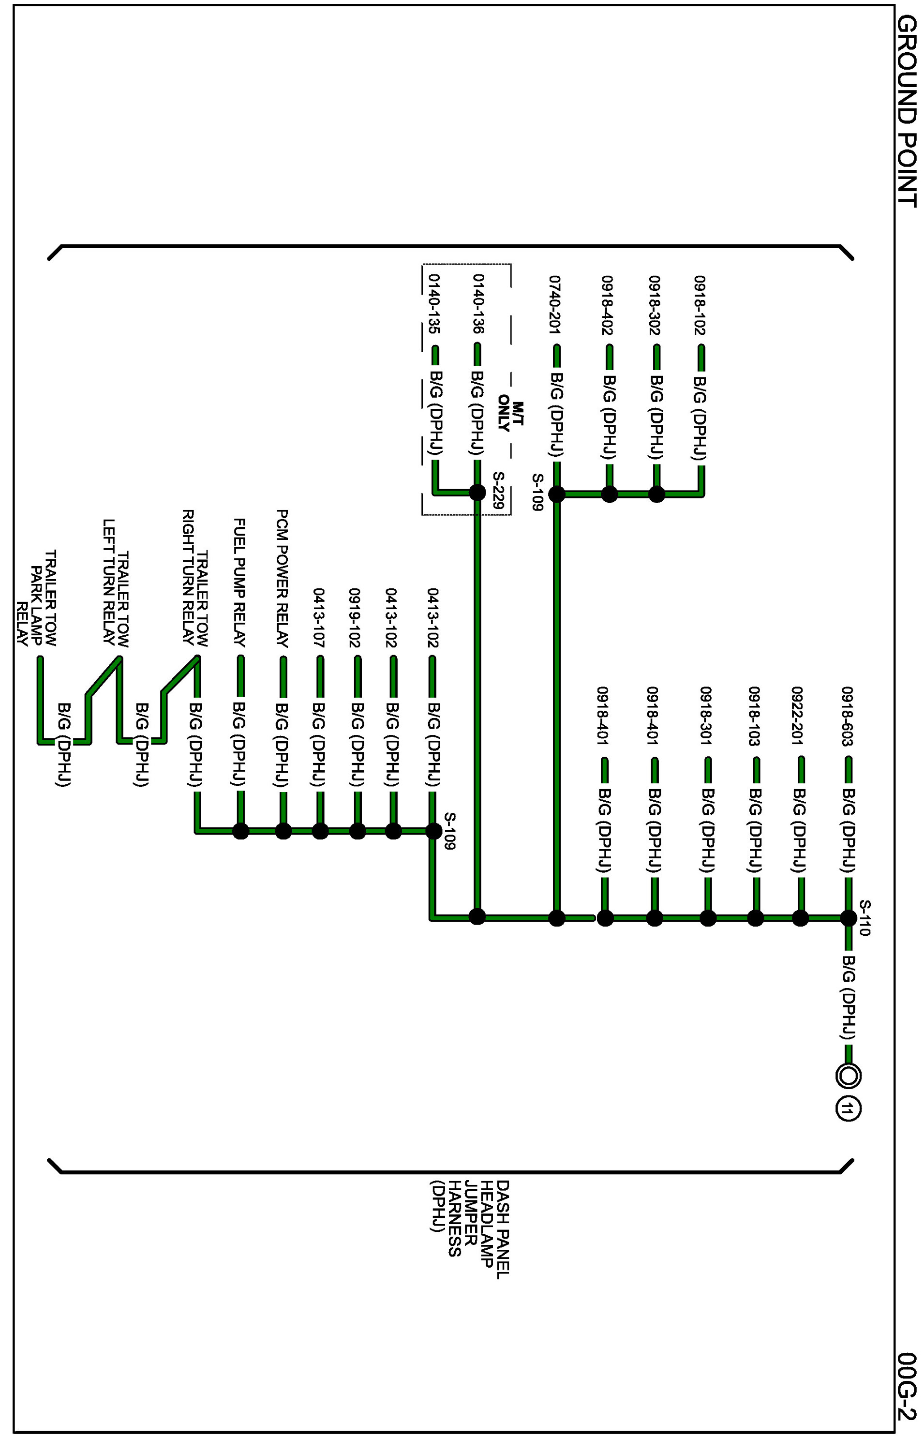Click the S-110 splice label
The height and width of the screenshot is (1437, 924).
tap(864, 917)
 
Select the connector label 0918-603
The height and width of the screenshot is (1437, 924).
tap(847, 717)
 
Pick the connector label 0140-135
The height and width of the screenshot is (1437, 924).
tap(433, 304)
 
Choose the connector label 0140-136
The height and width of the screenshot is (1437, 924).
tap(478, 304)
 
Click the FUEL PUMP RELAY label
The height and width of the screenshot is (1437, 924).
tap(239, 583)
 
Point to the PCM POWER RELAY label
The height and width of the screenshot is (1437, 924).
tap(282, 578)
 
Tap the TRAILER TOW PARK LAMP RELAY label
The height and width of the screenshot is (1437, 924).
tap(37, 598)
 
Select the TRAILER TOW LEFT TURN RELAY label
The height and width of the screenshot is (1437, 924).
tap(116, 582)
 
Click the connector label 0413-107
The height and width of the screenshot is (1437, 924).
tap(319, 618)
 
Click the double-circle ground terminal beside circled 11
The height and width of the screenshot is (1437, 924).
tap(848, 1076)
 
